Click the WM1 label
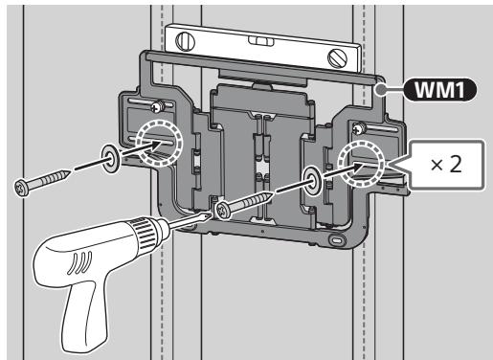point(440,90)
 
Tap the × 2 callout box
point(446,165)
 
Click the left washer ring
point(111,159)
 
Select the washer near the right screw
point(312,181)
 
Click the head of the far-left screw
point(22,188)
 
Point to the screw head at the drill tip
point(223,211)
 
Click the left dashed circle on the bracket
point(159,144)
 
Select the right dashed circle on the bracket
point(362,164)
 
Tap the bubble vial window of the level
point(261,41)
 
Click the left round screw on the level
point(185,41)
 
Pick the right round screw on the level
point(338,57)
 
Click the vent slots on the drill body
point(80,262)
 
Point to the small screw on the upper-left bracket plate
point(157,106)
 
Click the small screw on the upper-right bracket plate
point(359,128)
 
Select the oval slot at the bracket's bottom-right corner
point(336,239)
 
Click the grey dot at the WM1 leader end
point(381,90)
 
